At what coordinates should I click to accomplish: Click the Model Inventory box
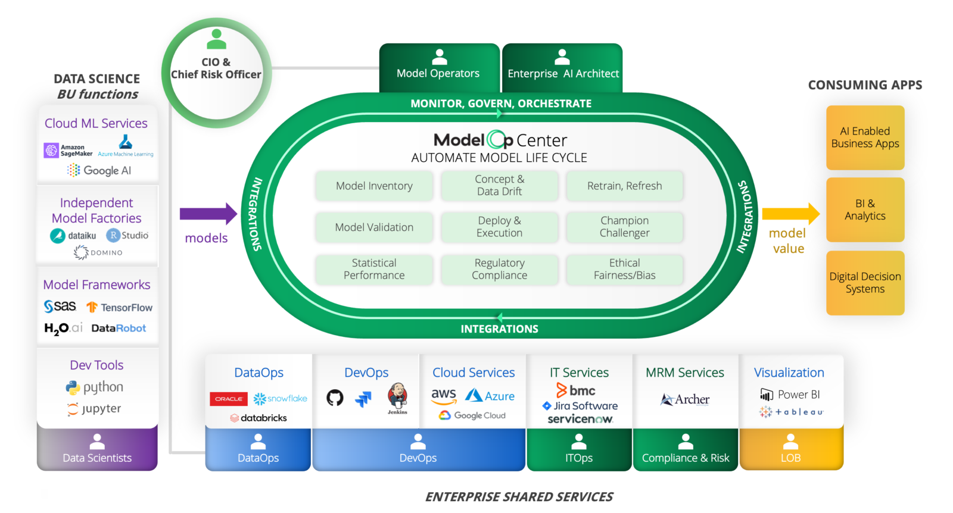(374, 186)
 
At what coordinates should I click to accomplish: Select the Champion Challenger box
(624, 227)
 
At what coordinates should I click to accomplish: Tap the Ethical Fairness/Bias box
(624, 269)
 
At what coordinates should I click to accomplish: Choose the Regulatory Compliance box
(499, 269)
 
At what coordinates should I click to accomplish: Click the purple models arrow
(208, 214)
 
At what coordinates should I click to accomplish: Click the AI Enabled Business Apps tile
(865, 137)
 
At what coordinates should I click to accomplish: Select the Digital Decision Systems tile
(865, 283)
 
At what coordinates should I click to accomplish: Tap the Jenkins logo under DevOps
(397, 398)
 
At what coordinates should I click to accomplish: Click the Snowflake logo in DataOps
(281, 399)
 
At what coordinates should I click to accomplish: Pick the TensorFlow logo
(119, 307)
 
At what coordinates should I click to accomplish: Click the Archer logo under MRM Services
(685, 399)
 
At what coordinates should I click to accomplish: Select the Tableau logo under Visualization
(792, 412)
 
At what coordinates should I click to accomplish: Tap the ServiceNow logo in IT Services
(580, 419)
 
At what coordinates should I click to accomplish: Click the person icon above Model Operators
(440, 57)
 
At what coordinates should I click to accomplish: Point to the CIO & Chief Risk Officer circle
(216, 73)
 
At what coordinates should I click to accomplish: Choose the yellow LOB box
(790, 449)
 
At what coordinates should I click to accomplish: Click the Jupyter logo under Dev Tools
(94, 409)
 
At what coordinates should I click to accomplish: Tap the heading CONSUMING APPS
(865, 85)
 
